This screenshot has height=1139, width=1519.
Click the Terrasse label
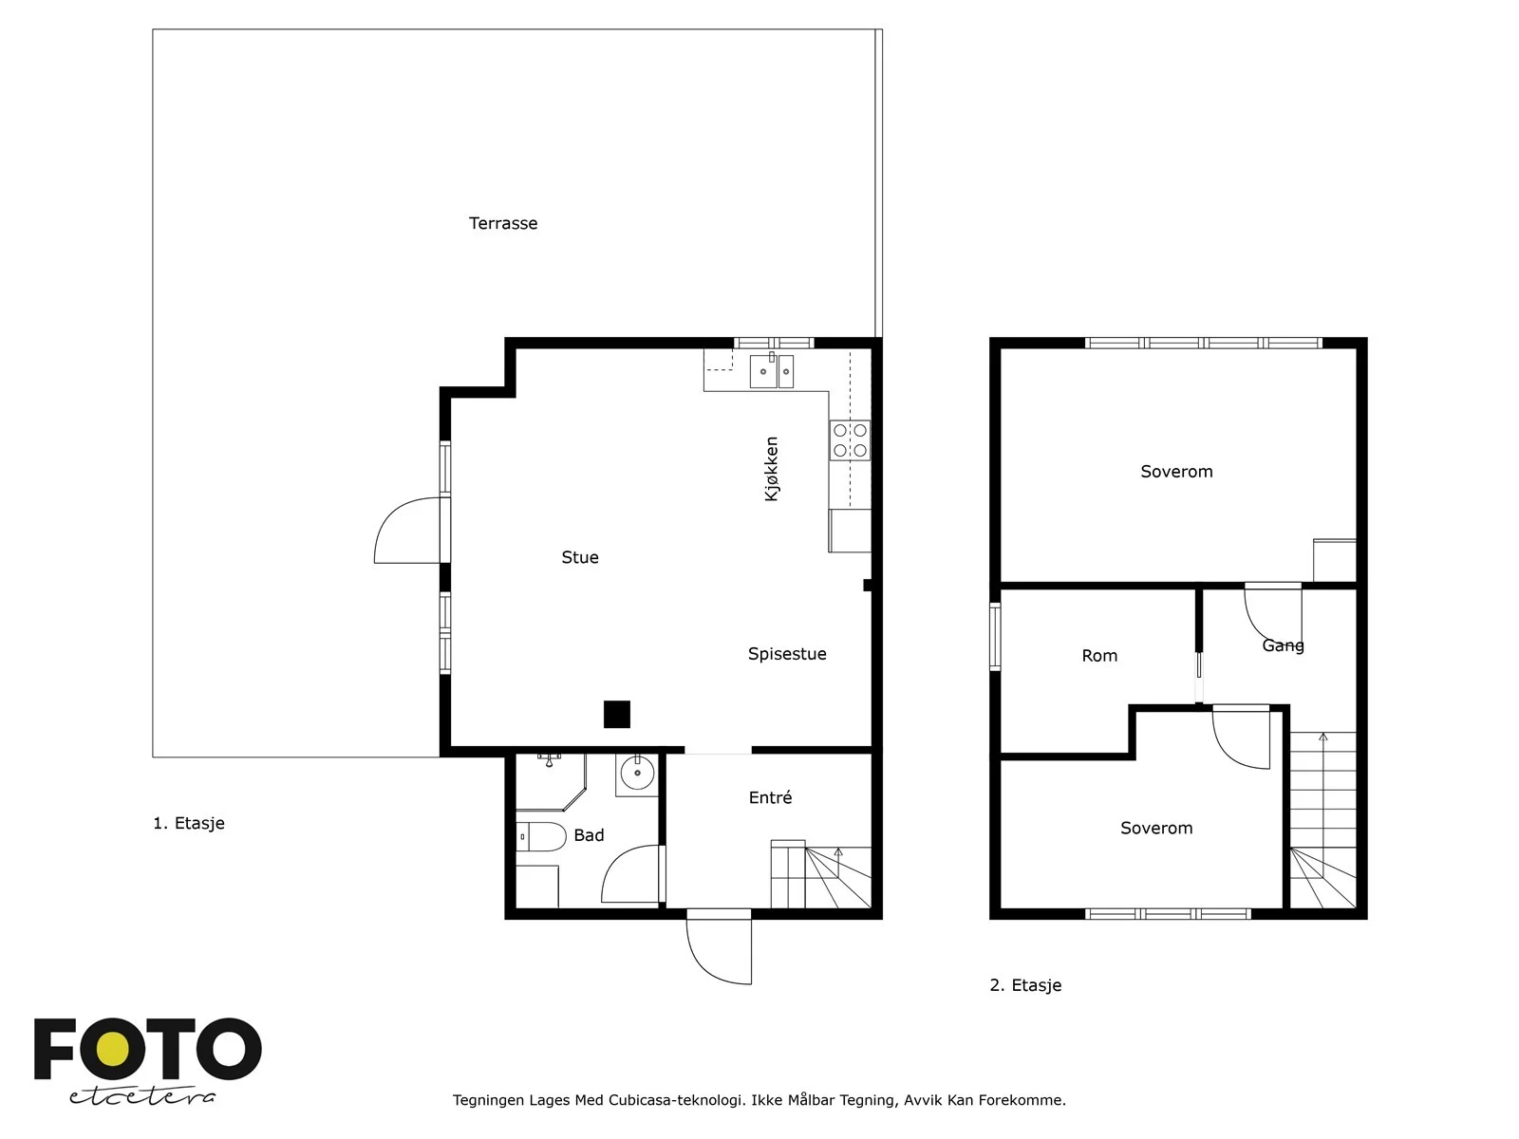tap(503, 223)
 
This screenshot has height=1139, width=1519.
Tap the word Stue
tap(580, 557)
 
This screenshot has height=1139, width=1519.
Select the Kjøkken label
tap(772, 469)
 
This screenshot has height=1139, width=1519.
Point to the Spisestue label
tap(787, 654)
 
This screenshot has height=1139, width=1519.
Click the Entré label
tap(770, 797)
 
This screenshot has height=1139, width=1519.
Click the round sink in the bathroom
tap(637, 773)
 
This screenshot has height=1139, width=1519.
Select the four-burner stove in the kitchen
tap(850, 440)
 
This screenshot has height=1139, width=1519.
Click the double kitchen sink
tap(772, 371)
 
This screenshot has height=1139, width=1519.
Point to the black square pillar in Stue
tap(616, 715)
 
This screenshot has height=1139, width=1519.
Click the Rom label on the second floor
tap(1099, 656)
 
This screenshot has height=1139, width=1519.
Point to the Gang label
tap(1283, 646)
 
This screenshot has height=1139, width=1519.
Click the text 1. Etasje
tap(189, 824)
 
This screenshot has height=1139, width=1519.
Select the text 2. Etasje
tap(1025, 985)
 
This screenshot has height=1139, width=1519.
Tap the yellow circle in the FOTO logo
tap(112, 1050)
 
